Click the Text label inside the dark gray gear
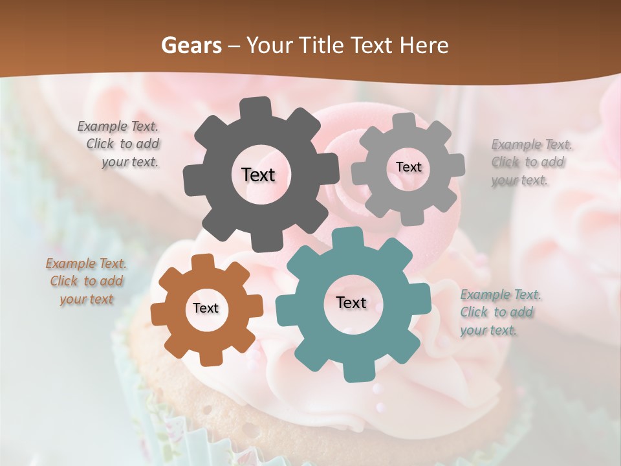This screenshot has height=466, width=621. pyautogui.click(x=258, y=175)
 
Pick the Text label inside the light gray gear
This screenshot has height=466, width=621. pyautogui.click(x=408, y=167)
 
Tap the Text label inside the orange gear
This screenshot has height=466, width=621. pyautogui.click(x=206, y=309)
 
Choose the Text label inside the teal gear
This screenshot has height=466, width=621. pyautogui.click(x=351, y=303)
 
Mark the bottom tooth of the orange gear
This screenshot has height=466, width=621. pyautogui.click(x=208, y=357)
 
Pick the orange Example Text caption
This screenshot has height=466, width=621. pyautogui.click(x=86, y=282)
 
